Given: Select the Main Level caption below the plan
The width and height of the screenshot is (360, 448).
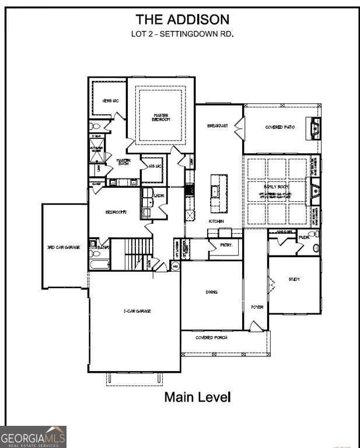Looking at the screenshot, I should [x=197, y=397].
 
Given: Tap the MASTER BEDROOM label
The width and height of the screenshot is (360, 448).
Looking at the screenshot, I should [x=161, y=117].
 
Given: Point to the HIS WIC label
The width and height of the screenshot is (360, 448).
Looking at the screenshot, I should [x=154, y=167].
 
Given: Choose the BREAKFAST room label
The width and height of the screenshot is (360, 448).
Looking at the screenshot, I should [x=218, y=126].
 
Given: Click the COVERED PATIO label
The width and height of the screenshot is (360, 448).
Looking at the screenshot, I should [x=280, y=127].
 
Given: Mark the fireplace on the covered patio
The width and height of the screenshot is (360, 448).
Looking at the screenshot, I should [x=314, y=127].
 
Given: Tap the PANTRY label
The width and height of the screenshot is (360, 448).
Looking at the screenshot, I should [x=226, y=246].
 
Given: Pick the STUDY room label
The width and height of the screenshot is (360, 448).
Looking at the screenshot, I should [x=294, y=279].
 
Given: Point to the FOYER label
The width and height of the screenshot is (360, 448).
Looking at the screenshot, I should [x=257, y=307].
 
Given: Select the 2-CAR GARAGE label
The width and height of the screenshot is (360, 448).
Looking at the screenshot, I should [x=138, y=311].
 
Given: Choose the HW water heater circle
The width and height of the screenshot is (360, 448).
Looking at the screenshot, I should [x=174, y=266].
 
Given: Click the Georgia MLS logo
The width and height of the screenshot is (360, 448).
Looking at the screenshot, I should [x=33, y=437].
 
